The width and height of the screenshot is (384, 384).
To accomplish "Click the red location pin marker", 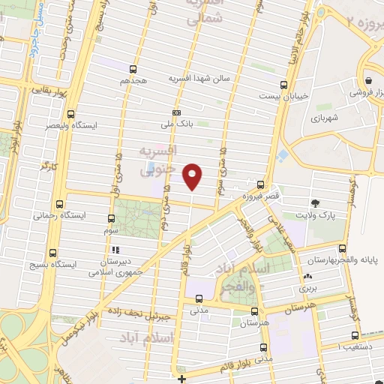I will pyautogui.click(x=193, y=175).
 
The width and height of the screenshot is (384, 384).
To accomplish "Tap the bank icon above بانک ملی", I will pyautogui.click(x=176, y=113).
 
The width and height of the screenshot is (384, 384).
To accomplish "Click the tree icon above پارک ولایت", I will pyautogui.click(x=315, y=202).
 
